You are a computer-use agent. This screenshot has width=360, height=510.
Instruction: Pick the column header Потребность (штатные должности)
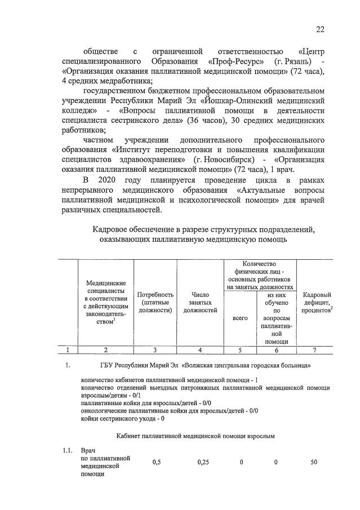pos(155,302)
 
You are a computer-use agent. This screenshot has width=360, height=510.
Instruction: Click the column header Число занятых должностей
pos(200,302)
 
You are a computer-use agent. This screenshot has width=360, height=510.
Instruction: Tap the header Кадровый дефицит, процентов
pos(316,302)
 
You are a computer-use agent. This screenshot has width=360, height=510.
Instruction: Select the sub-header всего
pos(240,318)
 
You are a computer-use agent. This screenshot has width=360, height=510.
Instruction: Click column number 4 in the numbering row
pos(200,350)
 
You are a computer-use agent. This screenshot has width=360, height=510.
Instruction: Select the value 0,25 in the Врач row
pos(203,462)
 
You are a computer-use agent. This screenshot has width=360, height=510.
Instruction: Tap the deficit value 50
pos(314,462)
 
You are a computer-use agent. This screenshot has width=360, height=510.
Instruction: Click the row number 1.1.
pos(68,451)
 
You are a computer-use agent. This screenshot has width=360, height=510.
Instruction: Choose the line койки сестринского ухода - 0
pos(123,418)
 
